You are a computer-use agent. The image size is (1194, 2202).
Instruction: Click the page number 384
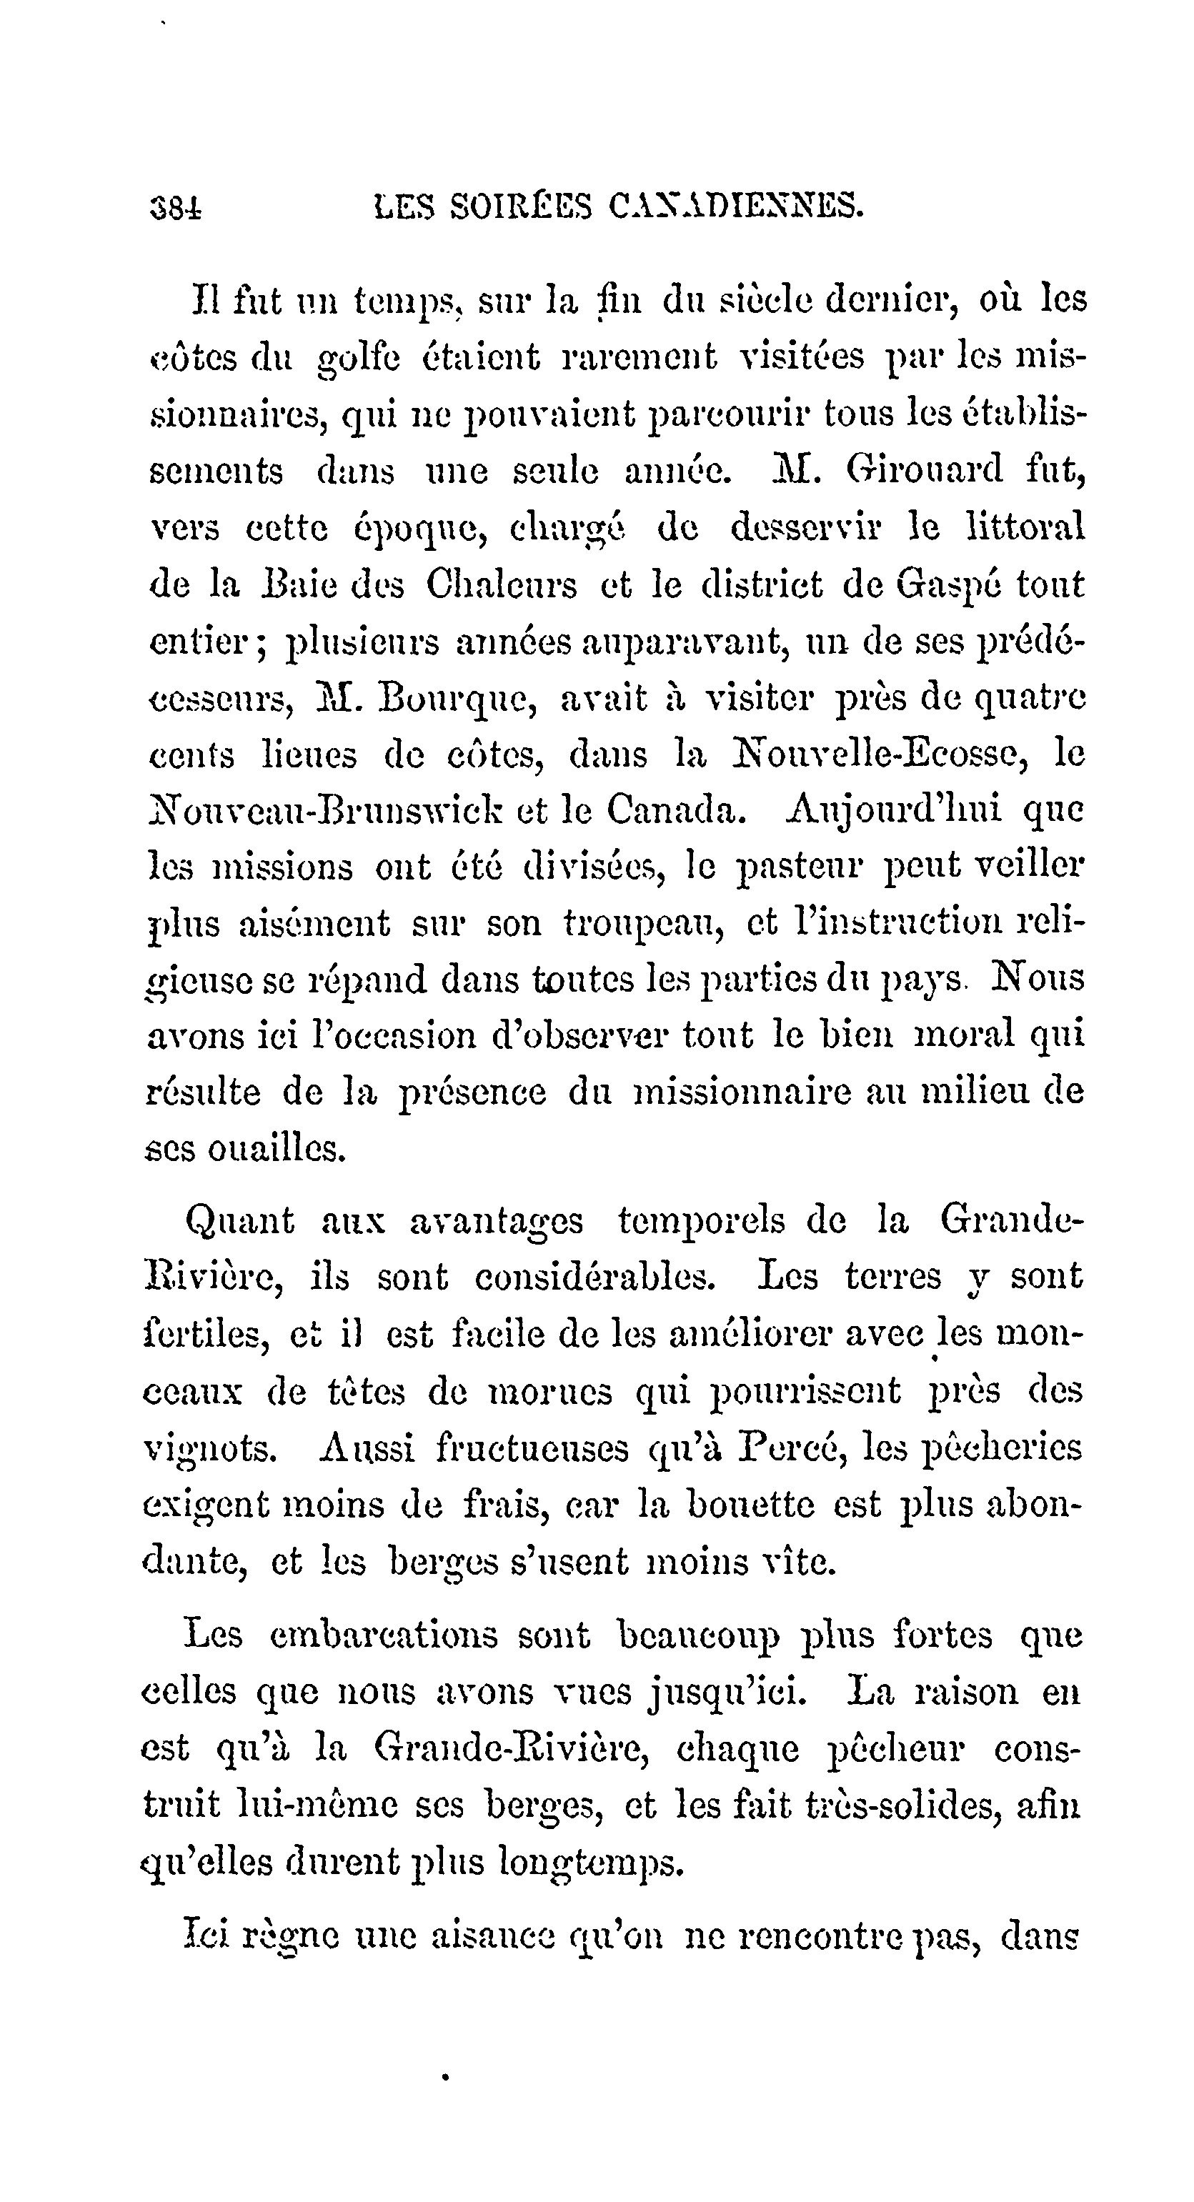coord(175,207)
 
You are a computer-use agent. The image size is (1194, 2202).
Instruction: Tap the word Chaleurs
coord(501,586)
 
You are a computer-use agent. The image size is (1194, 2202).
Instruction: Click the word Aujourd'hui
coord(892,810)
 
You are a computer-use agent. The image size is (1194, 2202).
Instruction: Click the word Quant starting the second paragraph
coord(239,1220)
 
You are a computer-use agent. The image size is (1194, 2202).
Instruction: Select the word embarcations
coord(383,1635)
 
